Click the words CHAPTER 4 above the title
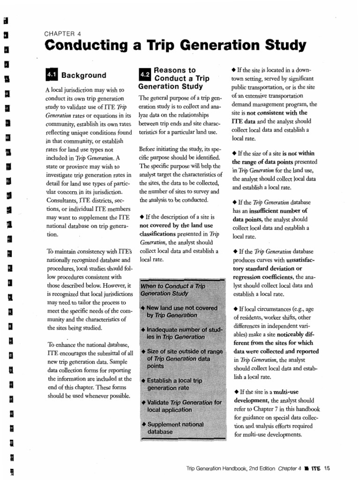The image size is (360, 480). [63, 34]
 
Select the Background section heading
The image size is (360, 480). [84, 75]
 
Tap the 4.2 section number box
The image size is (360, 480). [145, 74]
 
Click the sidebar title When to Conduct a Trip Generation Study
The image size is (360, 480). [173, 290]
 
